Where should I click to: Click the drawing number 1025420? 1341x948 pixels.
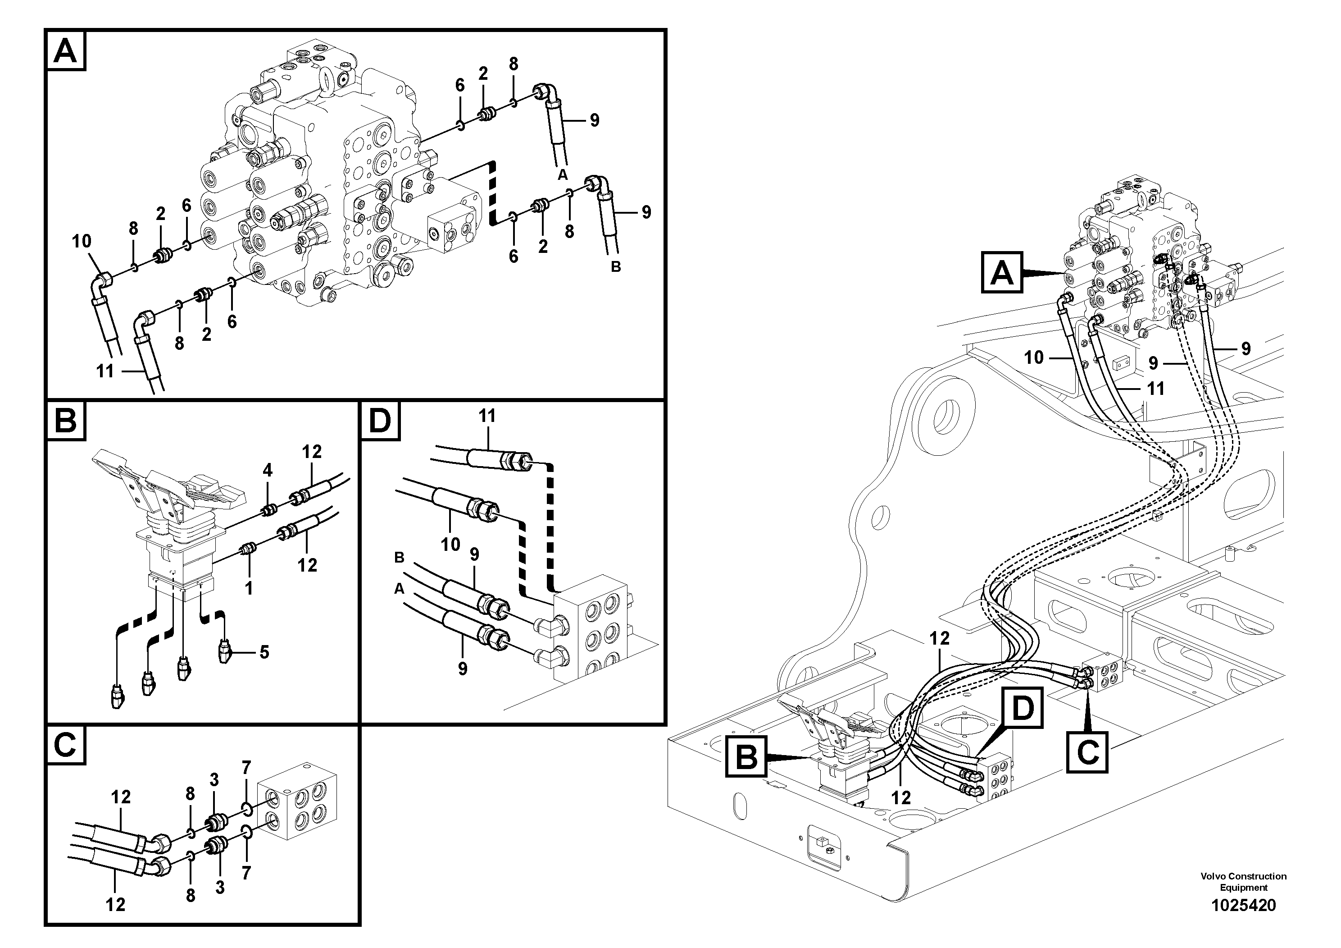click(x=1243, y=905)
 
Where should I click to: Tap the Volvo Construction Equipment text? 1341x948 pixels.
click(x=1243, y=881)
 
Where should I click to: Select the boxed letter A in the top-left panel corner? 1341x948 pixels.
click(x=65, y=51)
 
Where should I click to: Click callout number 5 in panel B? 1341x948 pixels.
click(x=264, y=652)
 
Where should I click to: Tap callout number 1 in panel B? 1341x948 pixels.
click(x=249, y=588)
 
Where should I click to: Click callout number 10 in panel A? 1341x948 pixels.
click(x=82, y=241)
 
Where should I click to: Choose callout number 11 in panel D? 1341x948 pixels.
click(x=486, y=416)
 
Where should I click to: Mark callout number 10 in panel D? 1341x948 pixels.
click(x=450, y=544)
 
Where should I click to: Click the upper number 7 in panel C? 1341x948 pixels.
click(x=246, y=767)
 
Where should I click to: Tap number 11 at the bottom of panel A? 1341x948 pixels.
click(x=105, y=371)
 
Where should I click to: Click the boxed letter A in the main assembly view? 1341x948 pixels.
click(x=1002, y=272)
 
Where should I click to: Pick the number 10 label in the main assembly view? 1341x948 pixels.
click(x=1034, y=357)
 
